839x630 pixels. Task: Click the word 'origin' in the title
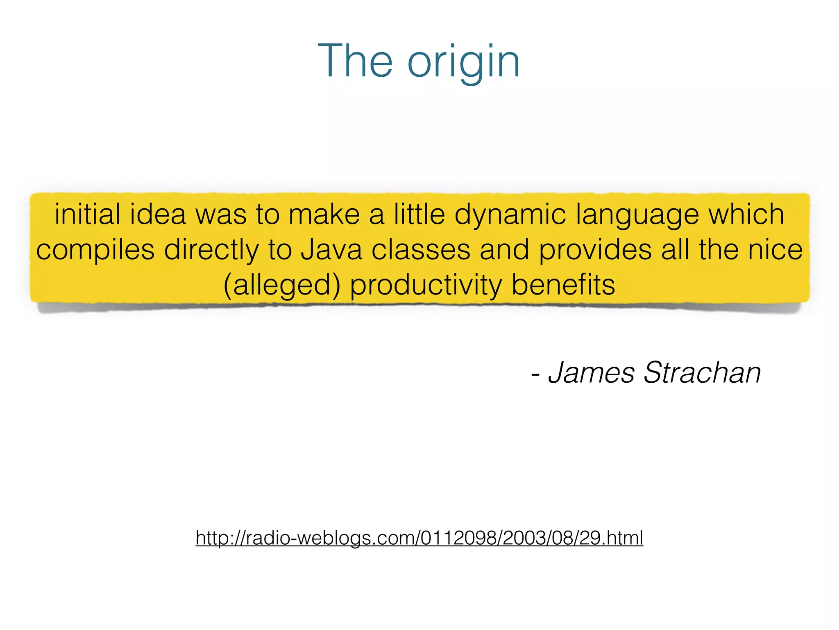click(x=463, y=62)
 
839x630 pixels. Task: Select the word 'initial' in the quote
click(x=88, y=214)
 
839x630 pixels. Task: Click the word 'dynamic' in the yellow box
click(x=510, y=215)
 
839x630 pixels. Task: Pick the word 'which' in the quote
click(x=746, y=214)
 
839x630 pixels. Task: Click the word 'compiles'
click(x=95, y=250)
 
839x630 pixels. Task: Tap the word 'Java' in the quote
click(x=331, y=249)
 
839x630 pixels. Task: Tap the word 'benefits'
click(x=563, y=285)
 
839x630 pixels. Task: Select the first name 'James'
click(x=591, y=372)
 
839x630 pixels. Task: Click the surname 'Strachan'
click(x=702, y=372)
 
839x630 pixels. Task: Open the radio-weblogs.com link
click(x=419, y=538)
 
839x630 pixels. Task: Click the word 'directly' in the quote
click(x=211, y=250)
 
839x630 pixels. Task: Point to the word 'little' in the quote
click(x=419, y=214)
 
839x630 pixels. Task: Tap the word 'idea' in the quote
click(x=158, y=214)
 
